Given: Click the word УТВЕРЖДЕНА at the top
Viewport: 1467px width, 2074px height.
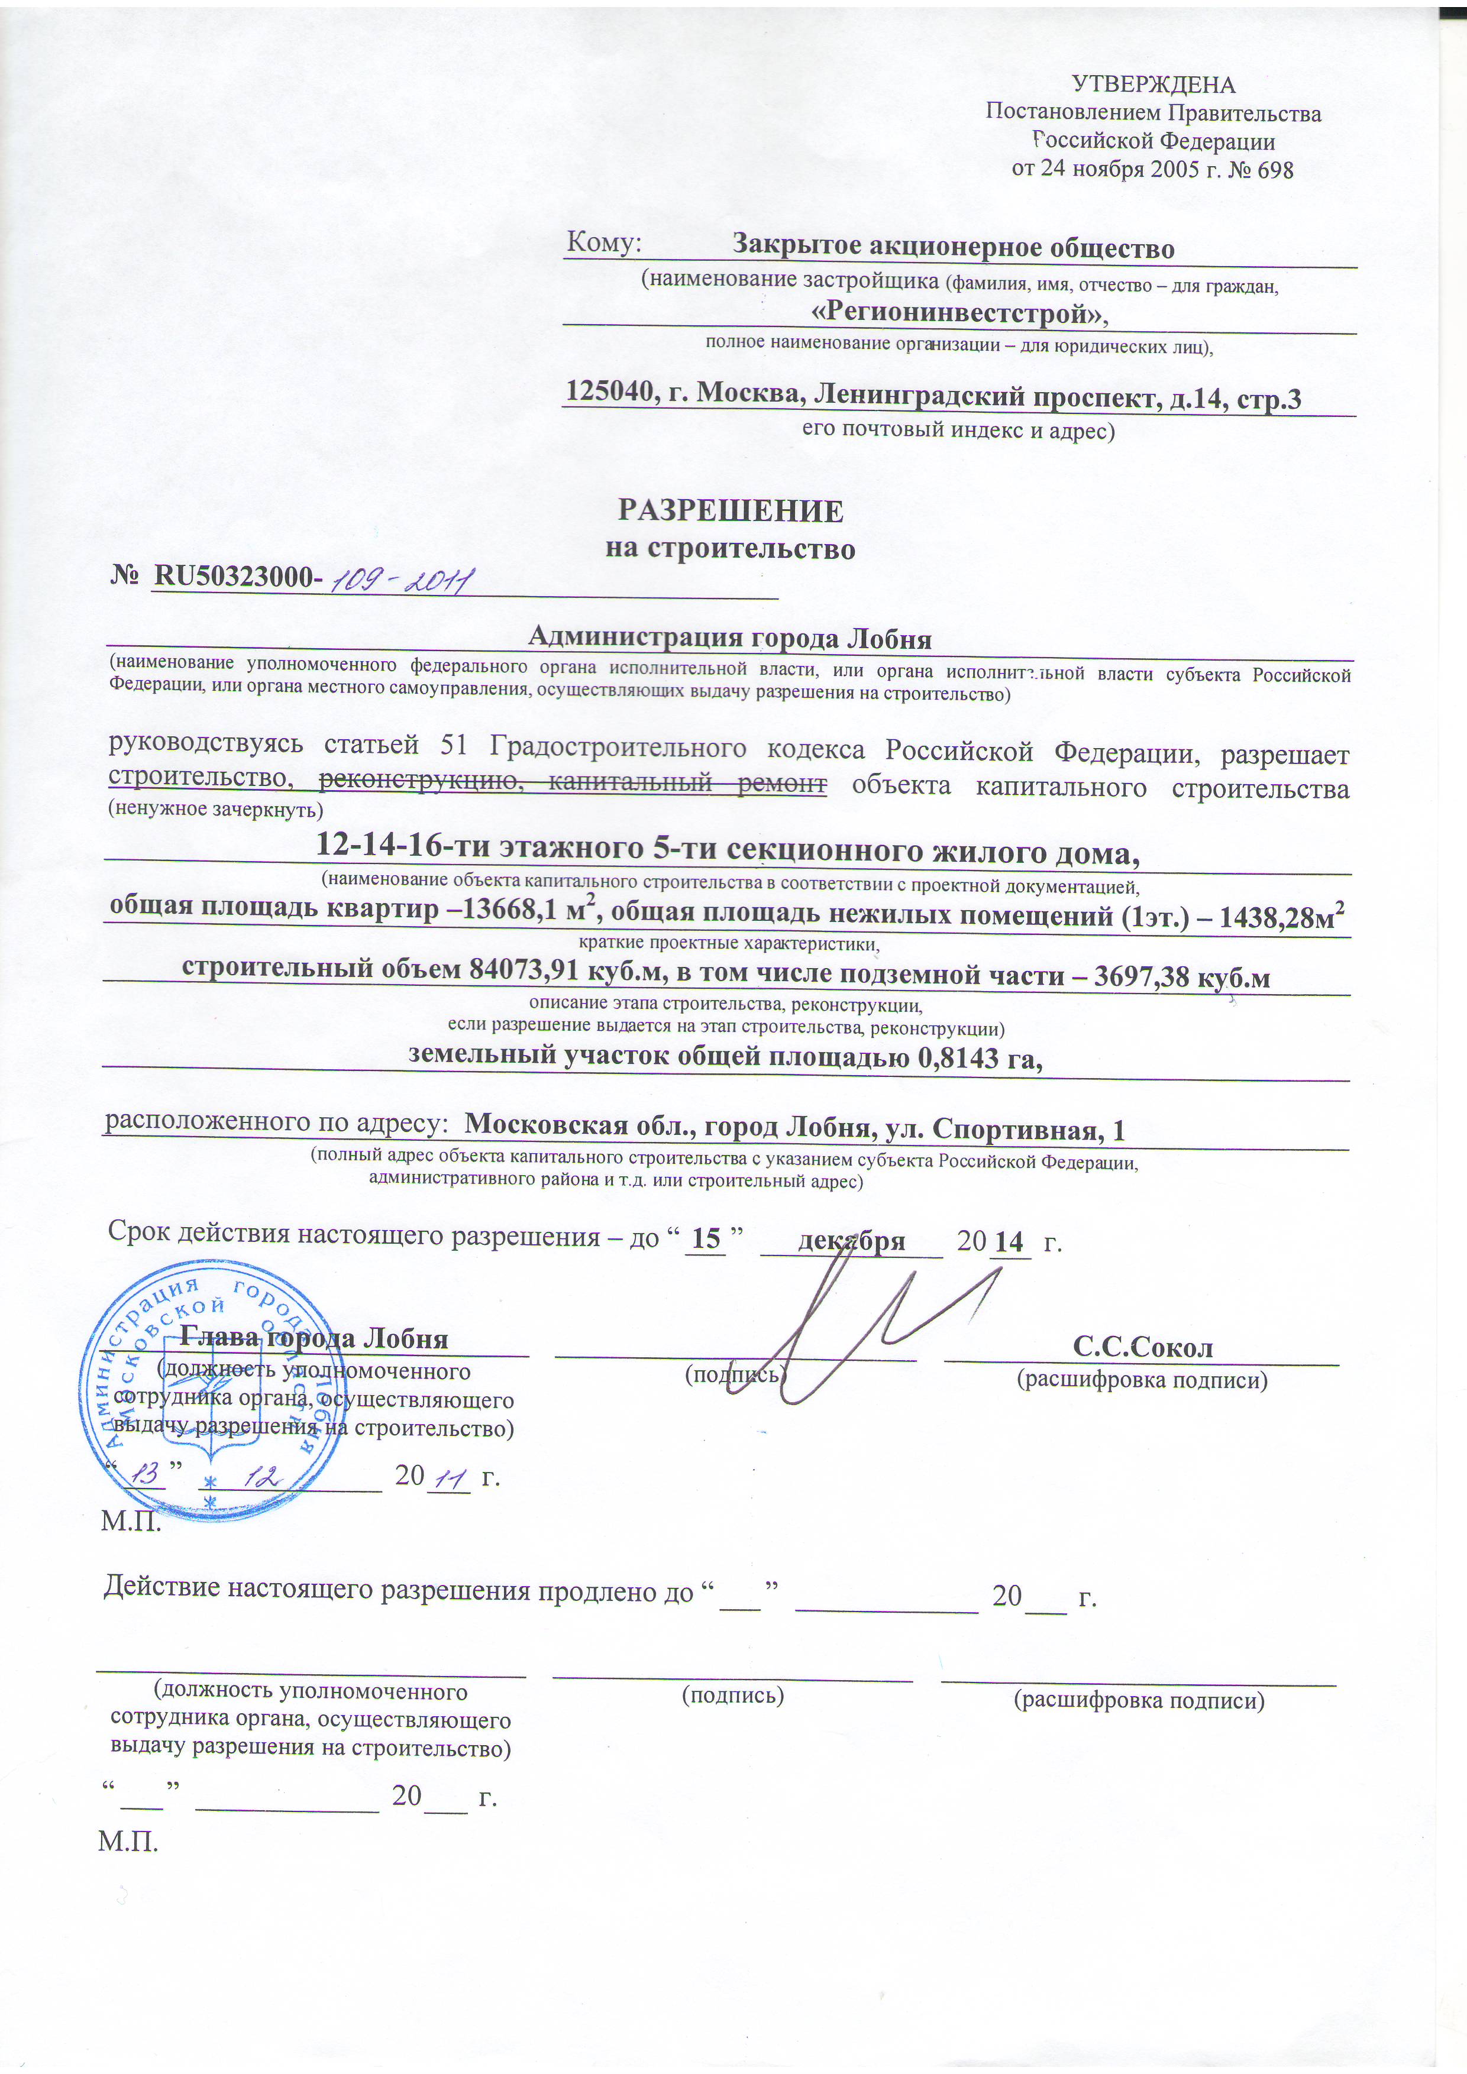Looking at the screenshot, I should [x=1153, y=85].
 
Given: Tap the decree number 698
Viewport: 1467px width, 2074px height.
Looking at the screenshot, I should [x=1275, y=170].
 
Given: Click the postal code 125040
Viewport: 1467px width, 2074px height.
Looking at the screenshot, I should [x=605, y=392].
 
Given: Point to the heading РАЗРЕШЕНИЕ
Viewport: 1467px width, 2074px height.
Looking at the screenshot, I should [x=730, y=512].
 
